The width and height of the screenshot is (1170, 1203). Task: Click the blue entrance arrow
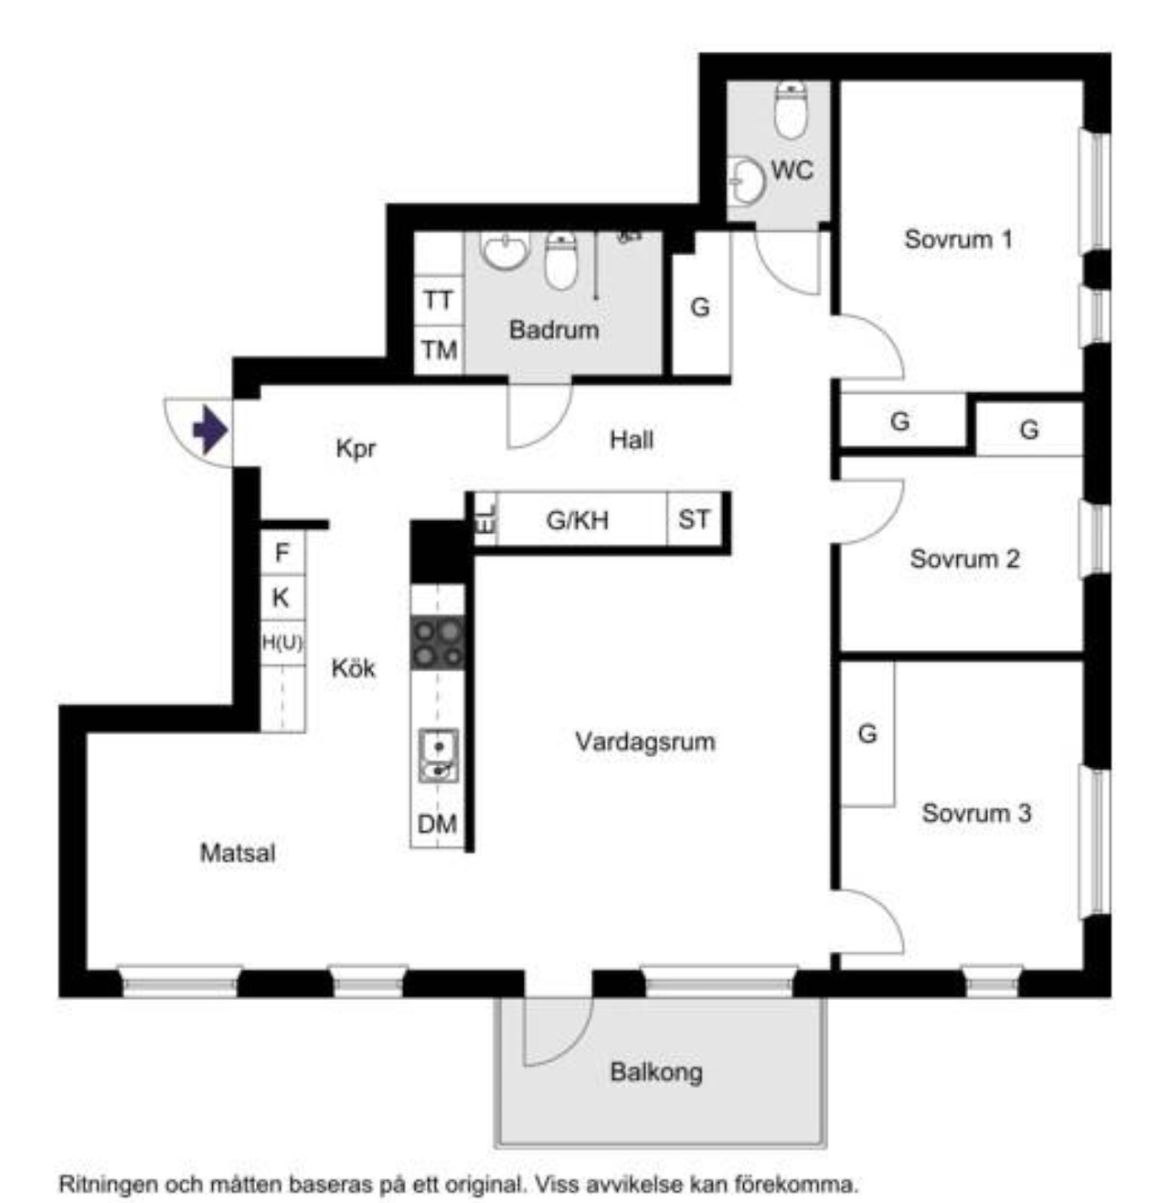point(210,430)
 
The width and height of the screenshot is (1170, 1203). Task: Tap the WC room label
point(792,170)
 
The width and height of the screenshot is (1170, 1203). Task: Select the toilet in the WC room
point(792,110)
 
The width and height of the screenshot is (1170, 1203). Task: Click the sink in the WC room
point(746,181)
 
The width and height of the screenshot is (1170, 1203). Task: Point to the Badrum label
point(554,329)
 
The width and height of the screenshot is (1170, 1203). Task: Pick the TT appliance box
point(438,300)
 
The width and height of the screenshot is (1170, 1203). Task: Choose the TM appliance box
point(438,350)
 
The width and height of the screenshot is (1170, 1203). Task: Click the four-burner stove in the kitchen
point(438,643)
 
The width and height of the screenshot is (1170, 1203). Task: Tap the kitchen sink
point(439,755)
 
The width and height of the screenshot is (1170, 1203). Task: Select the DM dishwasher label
point(437,824)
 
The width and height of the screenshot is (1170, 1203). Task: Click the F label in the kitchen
point(282,552)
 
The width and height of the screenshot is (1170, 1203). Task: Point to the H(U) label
point(282,643)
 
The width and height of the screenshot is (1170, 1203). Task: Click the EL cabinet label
point(485,518)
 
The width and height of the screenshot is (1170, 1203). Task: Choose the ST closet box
point(694,519)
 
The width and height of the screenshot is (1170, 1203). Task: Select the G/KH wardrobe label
point(578,520)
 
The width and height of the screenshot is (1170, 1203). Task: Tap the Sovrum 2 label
point(964,559)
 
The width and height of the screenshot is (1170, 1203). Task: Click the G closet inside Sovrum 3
point(867,734)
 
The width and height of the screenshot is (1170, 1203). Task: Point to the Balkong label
point(656,1071)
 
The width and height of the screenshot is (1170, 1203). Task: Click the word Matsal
point(238,853)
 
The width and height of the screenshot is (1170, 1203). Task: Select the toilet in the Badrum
point(560,261)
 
